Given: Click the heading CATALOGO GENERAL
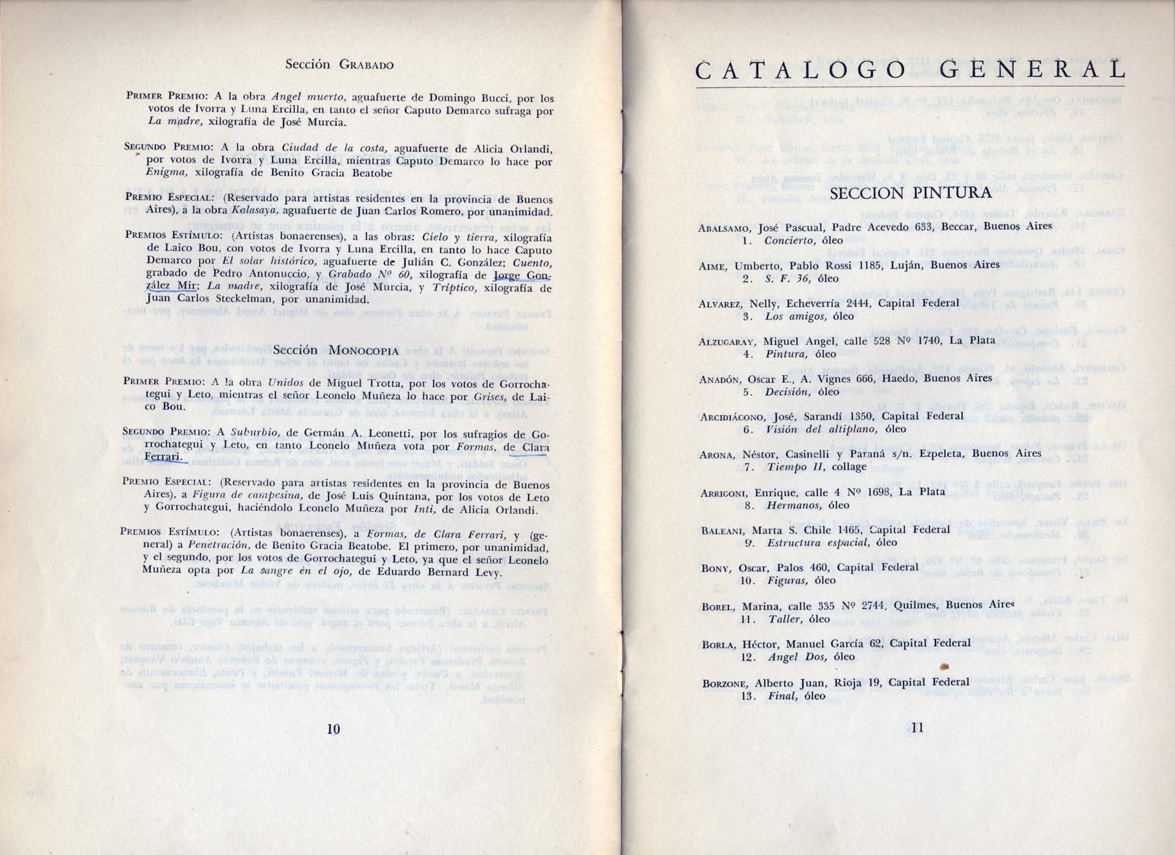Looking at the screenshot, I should [911, 70].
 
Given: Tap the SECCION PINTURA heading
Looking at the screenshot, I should [911, 193].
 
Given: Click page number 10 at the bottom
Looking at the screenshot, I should [333, 729].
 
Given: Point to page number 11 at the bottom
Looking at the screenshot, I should [916, 729].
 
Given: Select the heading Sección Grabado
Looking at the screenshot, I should [339, 65].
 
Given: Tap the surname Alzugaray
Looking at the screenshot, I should [727, 341].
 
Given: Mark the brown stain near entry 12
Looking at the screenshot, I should [944, 666].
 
